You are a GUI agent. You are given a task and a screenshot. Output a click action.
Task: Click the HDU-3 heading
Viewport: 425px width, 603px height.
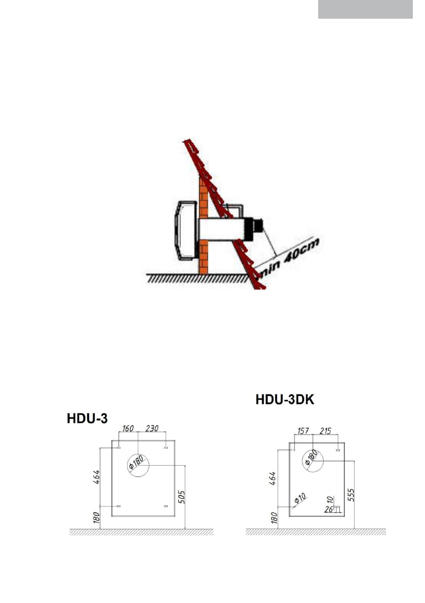click(87, 418)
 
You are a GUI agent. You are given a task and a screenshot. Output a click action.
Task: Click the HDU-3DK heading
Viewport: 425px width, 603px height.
click(285, 399)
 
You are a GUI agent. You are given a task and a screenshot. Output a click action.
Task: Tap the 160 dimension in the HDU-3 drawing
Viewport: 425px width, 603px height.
click(128, 428)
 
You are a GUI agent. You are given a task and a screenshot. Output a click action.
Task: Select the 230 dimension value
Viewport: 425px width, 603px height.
click(152, 428)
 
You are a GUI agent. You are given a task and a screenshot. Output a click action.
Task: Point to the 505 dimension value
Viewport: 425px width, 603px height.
click(181, 497)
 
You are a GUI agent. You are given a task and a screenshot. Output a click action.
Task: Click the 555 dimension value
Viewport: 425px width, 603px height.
click(351, 495)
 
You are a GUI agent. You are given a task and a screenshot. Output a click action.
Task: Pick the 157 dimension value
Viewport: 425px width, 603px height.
click(303, 431)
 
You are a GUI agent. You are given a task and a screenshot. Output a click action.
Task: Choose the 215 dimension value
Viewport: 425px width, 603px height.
click(325, 431)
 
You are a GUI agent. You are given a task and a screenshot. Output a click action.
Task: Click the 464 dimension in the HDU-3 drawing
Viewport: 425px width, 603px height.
click(97, 477)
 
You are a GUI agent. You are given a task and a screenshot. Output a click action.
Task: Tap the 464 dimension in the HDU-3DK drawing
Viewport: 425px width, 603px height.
click(273, 478)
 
